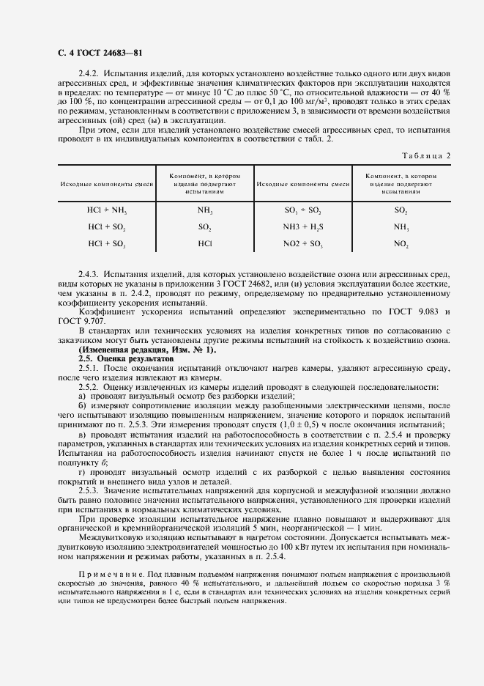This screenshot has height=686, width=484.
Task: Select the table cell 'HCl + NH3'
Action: click(106, 210)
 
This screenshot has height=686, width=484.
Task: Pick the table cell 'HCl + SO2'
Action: click(106, 226)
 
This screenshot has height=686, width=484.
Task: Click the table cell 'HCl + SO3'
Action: click(106, 243)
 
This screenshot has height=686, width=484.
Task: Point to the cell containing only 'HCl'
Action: click(205, 243)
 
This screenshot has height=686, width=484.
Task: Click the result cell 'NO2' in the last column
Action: click(401, 243)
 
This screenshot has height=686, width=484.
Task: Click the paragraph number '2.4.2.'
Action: click(89, 75)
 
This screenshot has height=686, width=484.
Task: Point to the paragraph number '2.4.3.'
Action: click(89, 273)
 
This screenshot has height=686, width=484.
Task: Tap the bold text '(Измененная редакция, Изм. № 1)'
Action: click(146, 350)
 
